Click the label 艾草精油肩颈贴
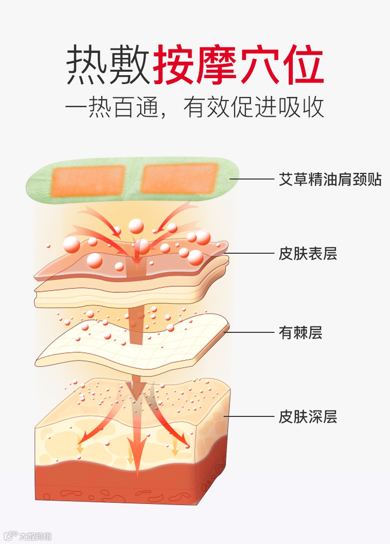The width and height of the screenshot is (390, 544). (x=330, y=179)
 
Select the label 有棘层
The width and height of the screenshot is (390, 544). (x=301, y=333)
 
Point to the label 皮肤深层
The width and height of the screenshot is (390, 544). (x=308, y=417)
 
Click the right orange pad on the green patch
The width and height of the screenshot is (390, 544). (x=179, y=179)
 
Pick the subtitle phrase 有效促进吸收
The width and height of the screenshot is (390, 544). (x=254, y=107)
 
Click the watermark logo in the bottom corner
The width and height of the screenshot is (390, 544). (x=28, y=536)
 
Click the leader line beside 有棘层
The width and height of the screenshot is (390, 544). (x=249, y=332)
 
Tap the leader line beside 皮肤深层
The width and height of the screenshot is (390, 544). (x=249, y=417)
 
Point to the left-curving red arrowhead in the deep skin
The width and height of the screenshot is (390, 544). (x=84, y=438)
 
